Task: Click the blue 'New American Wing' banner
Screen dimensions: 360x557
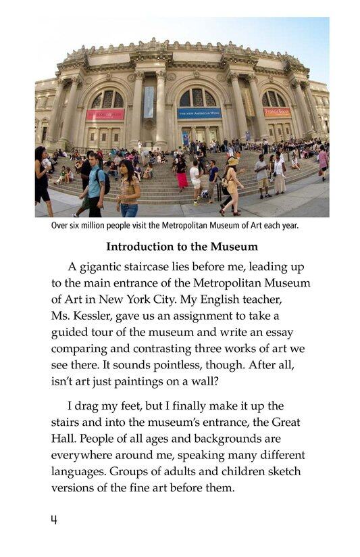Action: [199, 114]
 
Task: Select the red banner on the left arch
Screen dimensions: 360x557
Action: [105, 114]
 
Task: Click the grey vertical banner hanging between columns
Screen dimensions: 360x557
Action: [149, 101]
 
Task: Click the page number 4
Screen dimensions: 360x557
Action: [53, 520]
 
